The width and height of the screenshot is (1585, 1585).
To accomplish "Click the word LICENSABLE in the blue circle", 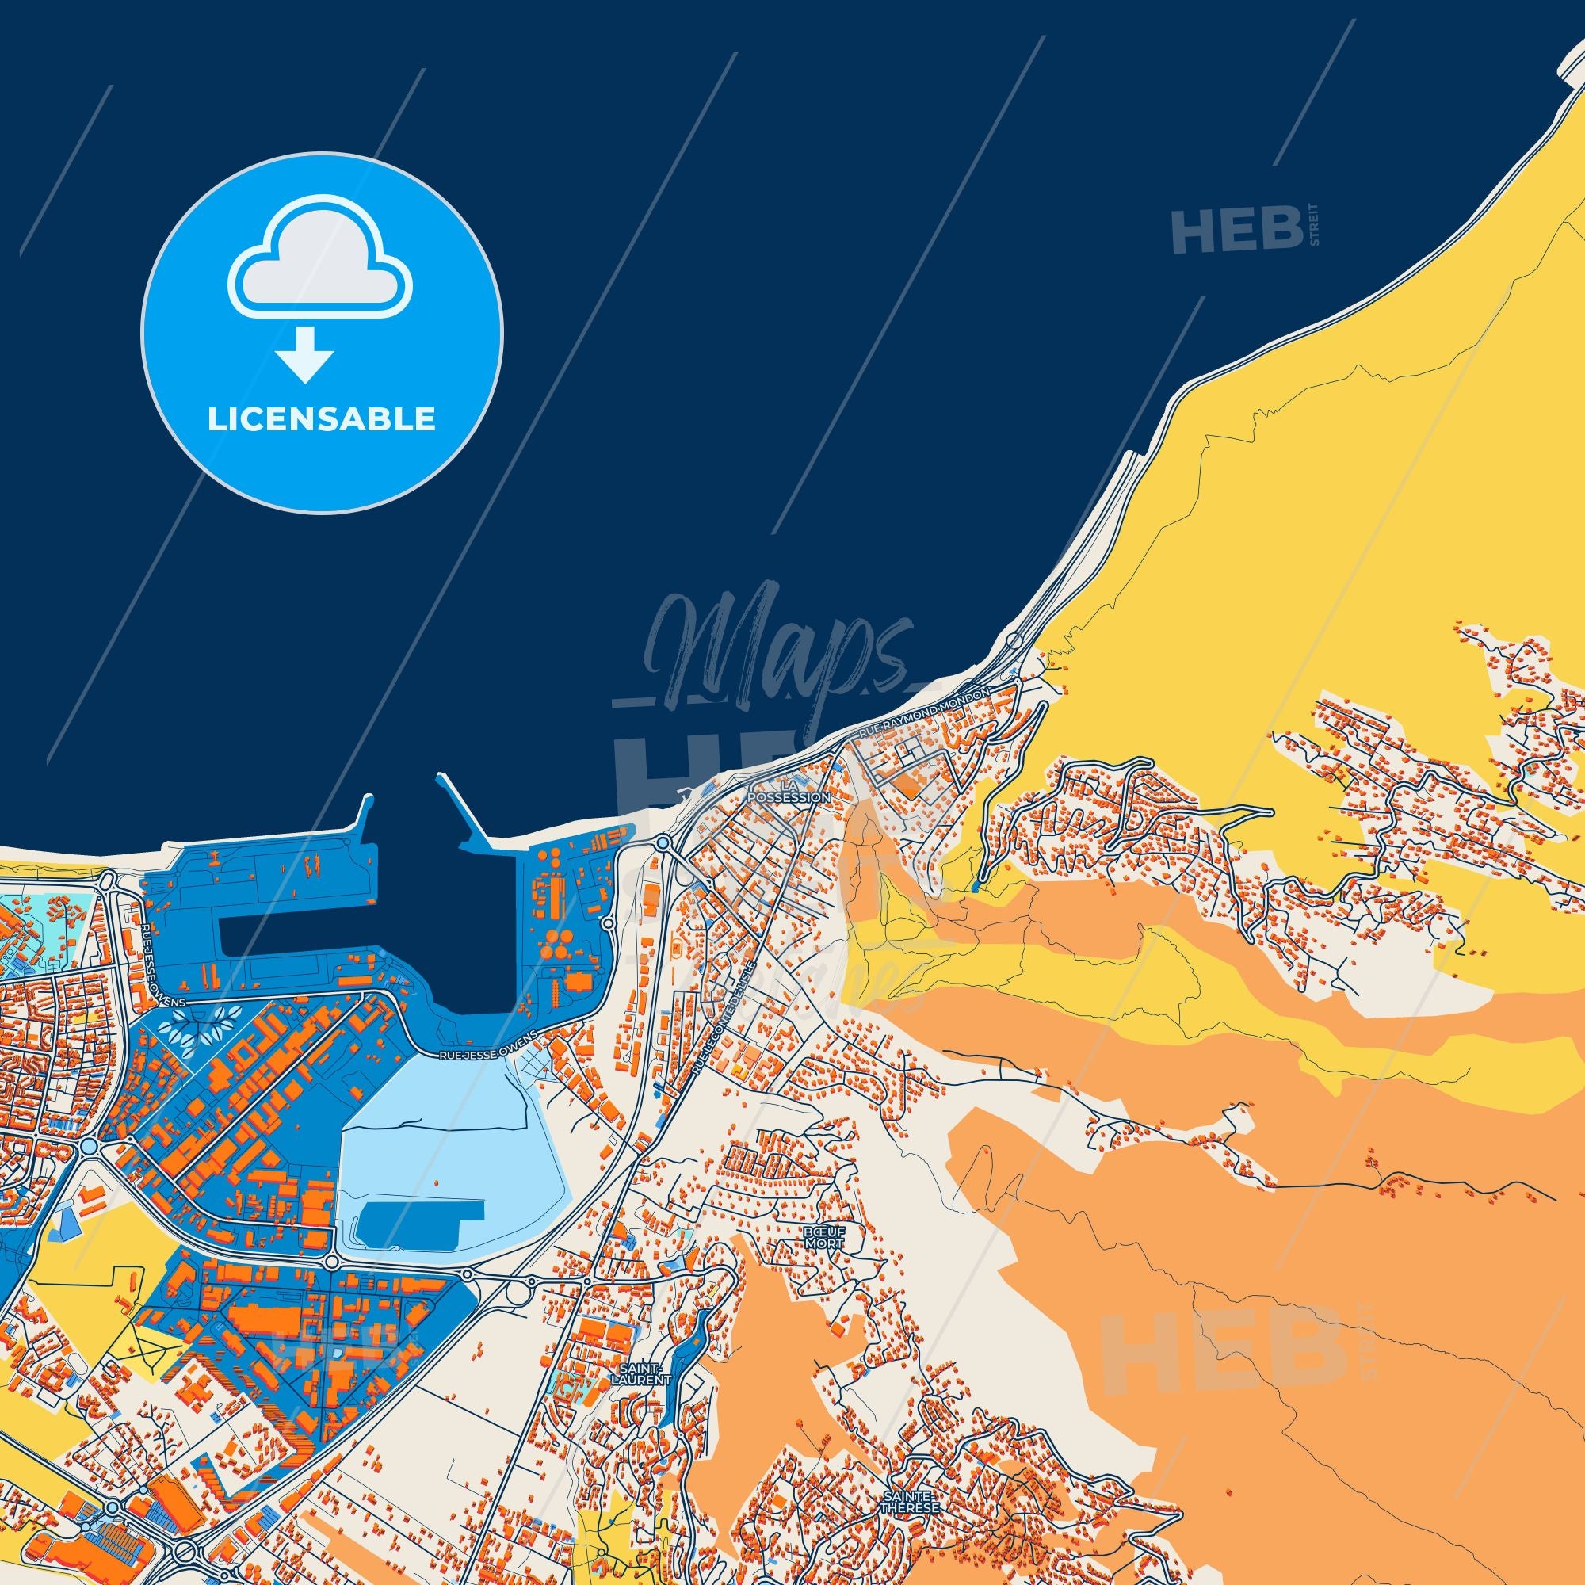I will [322, 419].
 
